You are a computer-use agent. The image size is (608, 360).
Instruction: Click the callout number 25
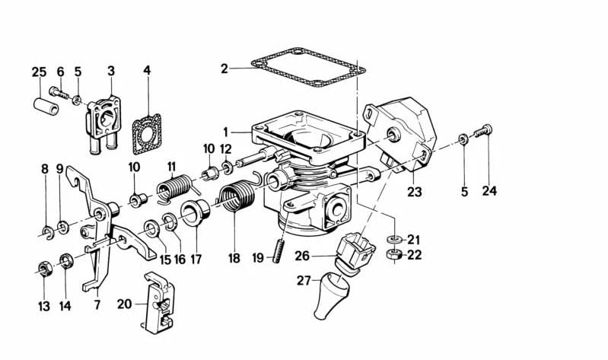pyautogui.click(x=39, y=72)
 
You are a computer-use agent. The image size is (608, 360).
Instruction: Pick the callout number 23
pyautogui.click(x=414, y=192)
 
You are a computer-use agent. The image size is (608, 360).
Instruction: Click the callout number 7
pyautogui.click(x=97, y=305)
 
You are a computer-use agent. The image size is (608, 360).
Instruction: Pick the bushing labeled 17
pyautogui.click(x=196, y=214)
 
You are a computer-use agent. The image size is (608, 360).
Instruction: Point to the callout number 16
pyautogui.click(x=180, y=259)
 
